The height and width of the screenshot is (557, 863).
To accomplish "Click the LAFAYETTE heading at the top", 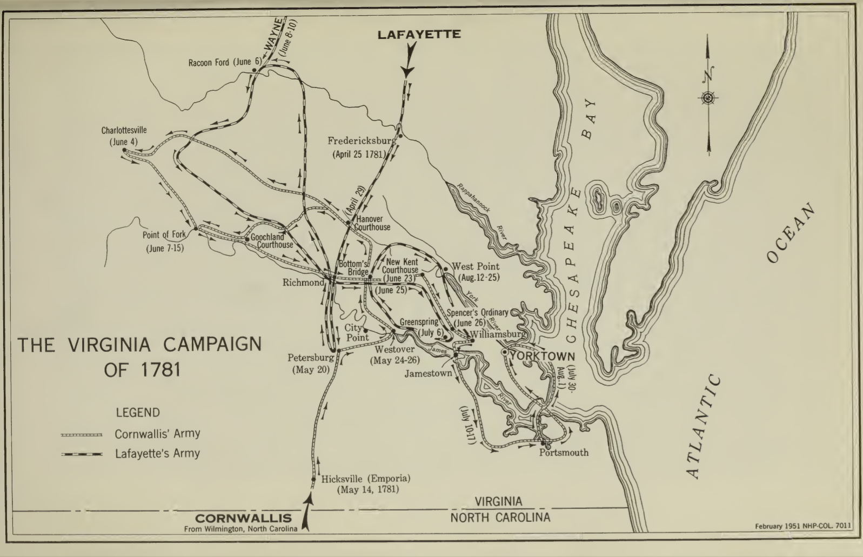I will click(419, 35).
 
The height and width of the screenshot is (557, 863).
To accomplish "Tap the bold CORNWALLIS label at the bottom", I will click(243, 519).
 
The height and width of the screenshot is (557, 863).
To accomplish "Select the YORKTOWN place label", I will click(542, 357).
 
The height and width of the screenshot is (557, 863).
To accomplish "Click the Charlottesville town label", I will click(124, 130).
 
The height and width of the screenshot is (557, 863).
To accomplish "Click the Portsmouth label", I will click(564, 452).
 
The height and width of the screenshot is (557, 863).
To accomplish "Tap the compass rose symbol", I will click(708, 98).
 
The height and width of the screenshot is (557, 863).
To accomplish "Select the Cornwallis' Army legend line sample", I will click(82, 434).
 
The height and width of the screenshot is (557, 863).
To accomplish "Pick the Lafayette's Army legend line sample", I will click(82, 454).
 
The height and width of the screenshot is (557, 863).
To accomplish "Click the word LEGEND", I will click(138, 413).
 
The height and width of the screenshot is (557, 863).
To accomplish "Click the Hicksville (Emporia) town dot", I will click(313, 479).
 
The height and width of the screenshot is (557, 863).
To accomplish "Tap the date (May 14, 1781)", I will click(367, 490).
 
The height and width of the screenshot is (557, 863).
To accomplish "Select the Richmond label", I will click(303, 282).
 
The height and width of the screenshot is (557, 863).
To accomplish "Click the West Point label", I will click(476, 266).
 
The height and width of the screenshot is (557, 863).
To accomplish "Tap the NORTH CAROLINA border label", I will click(500, 518).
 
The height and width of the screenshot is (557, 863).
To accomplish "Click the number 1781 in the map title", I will click(158, 371).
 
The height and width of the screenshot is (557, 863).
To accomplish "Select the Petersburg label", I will click(311, 358).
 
